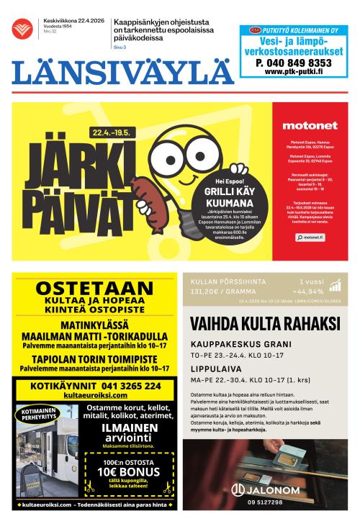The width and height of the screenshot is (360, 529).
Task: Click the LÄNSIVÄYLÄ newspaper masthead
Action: point(122,72)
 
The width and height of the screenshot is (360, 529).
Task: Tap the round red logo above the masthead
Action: point(22,29)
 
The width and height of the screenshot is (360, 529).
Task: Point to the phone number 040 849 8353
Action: point(293,63)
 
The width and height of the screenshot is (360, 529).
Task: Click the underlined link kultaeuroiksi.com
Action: point(95,396)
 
